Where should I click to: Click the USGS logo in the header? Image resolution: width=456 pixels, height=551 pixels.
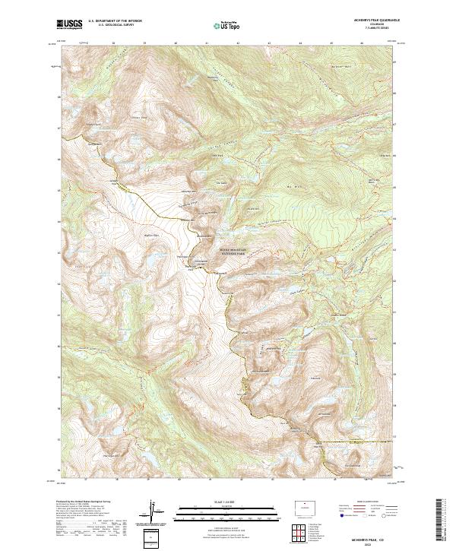[x=69, y=24]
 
